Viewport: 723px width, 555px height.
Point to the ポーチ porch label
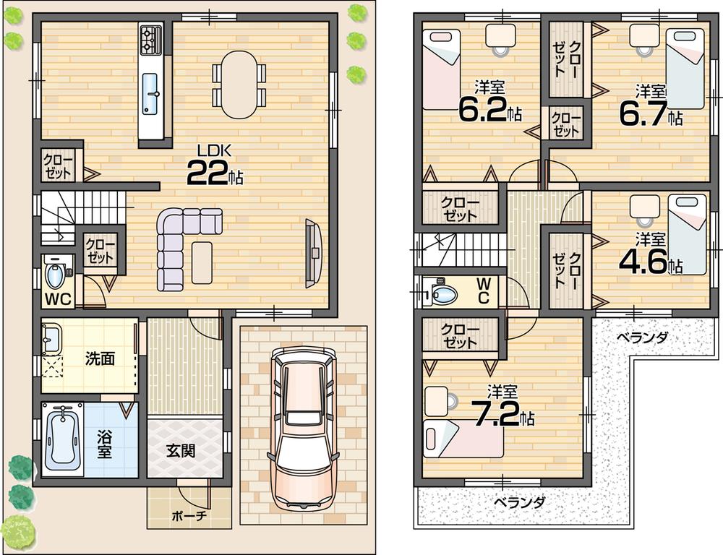coord(189,516)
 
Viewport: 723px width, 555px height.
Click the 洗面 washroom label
coord(99,358)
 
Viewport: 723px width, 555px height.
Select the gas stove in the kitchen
coord(151,40)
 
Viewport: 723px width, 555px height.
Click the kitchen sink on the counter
coord(152,93)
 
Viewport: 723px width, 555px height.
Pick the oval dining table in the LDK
coord(239,84)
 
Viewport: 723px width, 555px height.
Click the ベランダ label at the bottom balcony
coord(520,502)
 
